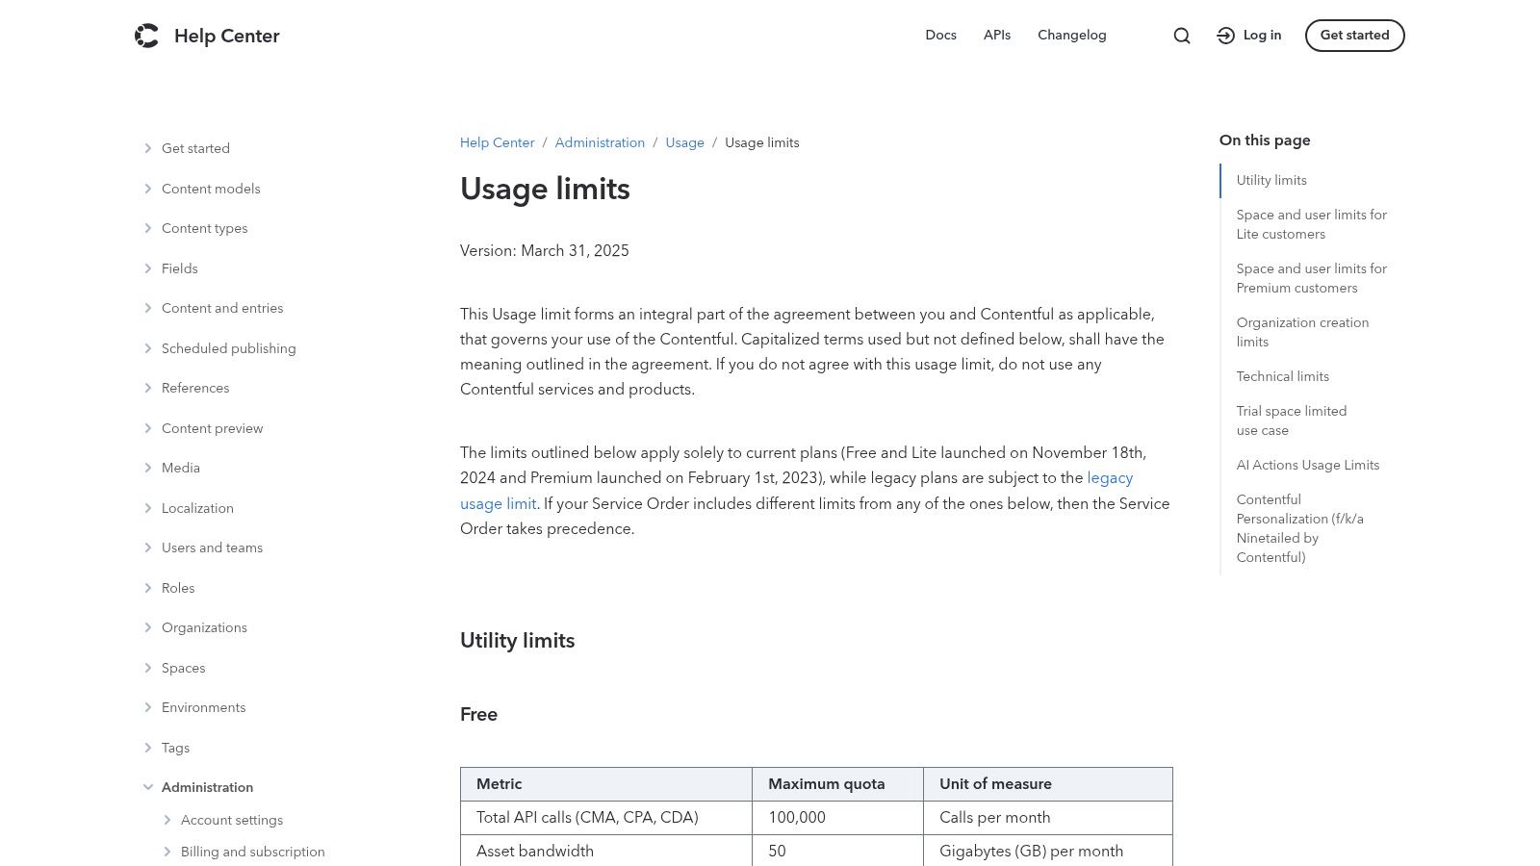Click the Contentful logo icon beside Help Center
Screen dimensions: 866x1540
[x=146, y=36]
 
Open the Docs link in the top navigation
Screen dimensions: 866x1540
[x=940, y=36]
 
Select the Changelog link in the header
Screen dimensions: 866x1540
[x=1071, y=36]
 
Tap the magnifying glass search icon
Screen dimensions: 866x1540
[x=1182, y=36]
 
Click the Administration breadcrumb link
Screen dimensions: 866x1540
[x=600, y=143]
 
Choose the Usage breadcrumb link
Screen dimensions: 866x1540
[x=684, y=143]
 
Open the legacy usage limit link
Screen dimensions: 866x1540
[x=1110, y=478]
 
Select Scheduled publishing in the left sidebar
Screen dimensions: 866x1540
[x=228, y=348]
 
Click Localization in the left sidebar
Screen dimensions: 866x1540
[x=197, y=508]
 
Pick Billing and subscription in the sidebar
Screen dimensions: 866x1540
[x=252, y=852]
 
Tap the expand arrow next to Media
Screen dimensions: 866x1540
[x=148, y=468]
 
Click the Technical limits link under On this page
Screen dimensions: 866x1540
[x=1282, y=376]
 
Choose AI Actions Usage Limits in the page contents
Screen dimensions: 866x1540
[x=1307, y=465]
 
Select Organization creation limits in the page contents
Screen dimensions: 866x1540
[x=1301, y=332]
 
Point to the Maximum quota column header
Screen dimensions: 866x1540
[x=826, y=784]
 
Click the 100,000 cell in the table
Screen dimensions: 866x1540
[x=797, y=818]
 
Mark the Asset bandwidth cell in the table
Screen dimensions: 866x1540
[x=535, y=852]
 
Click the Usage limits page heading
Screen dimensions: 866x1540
[x=545, y=190]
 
